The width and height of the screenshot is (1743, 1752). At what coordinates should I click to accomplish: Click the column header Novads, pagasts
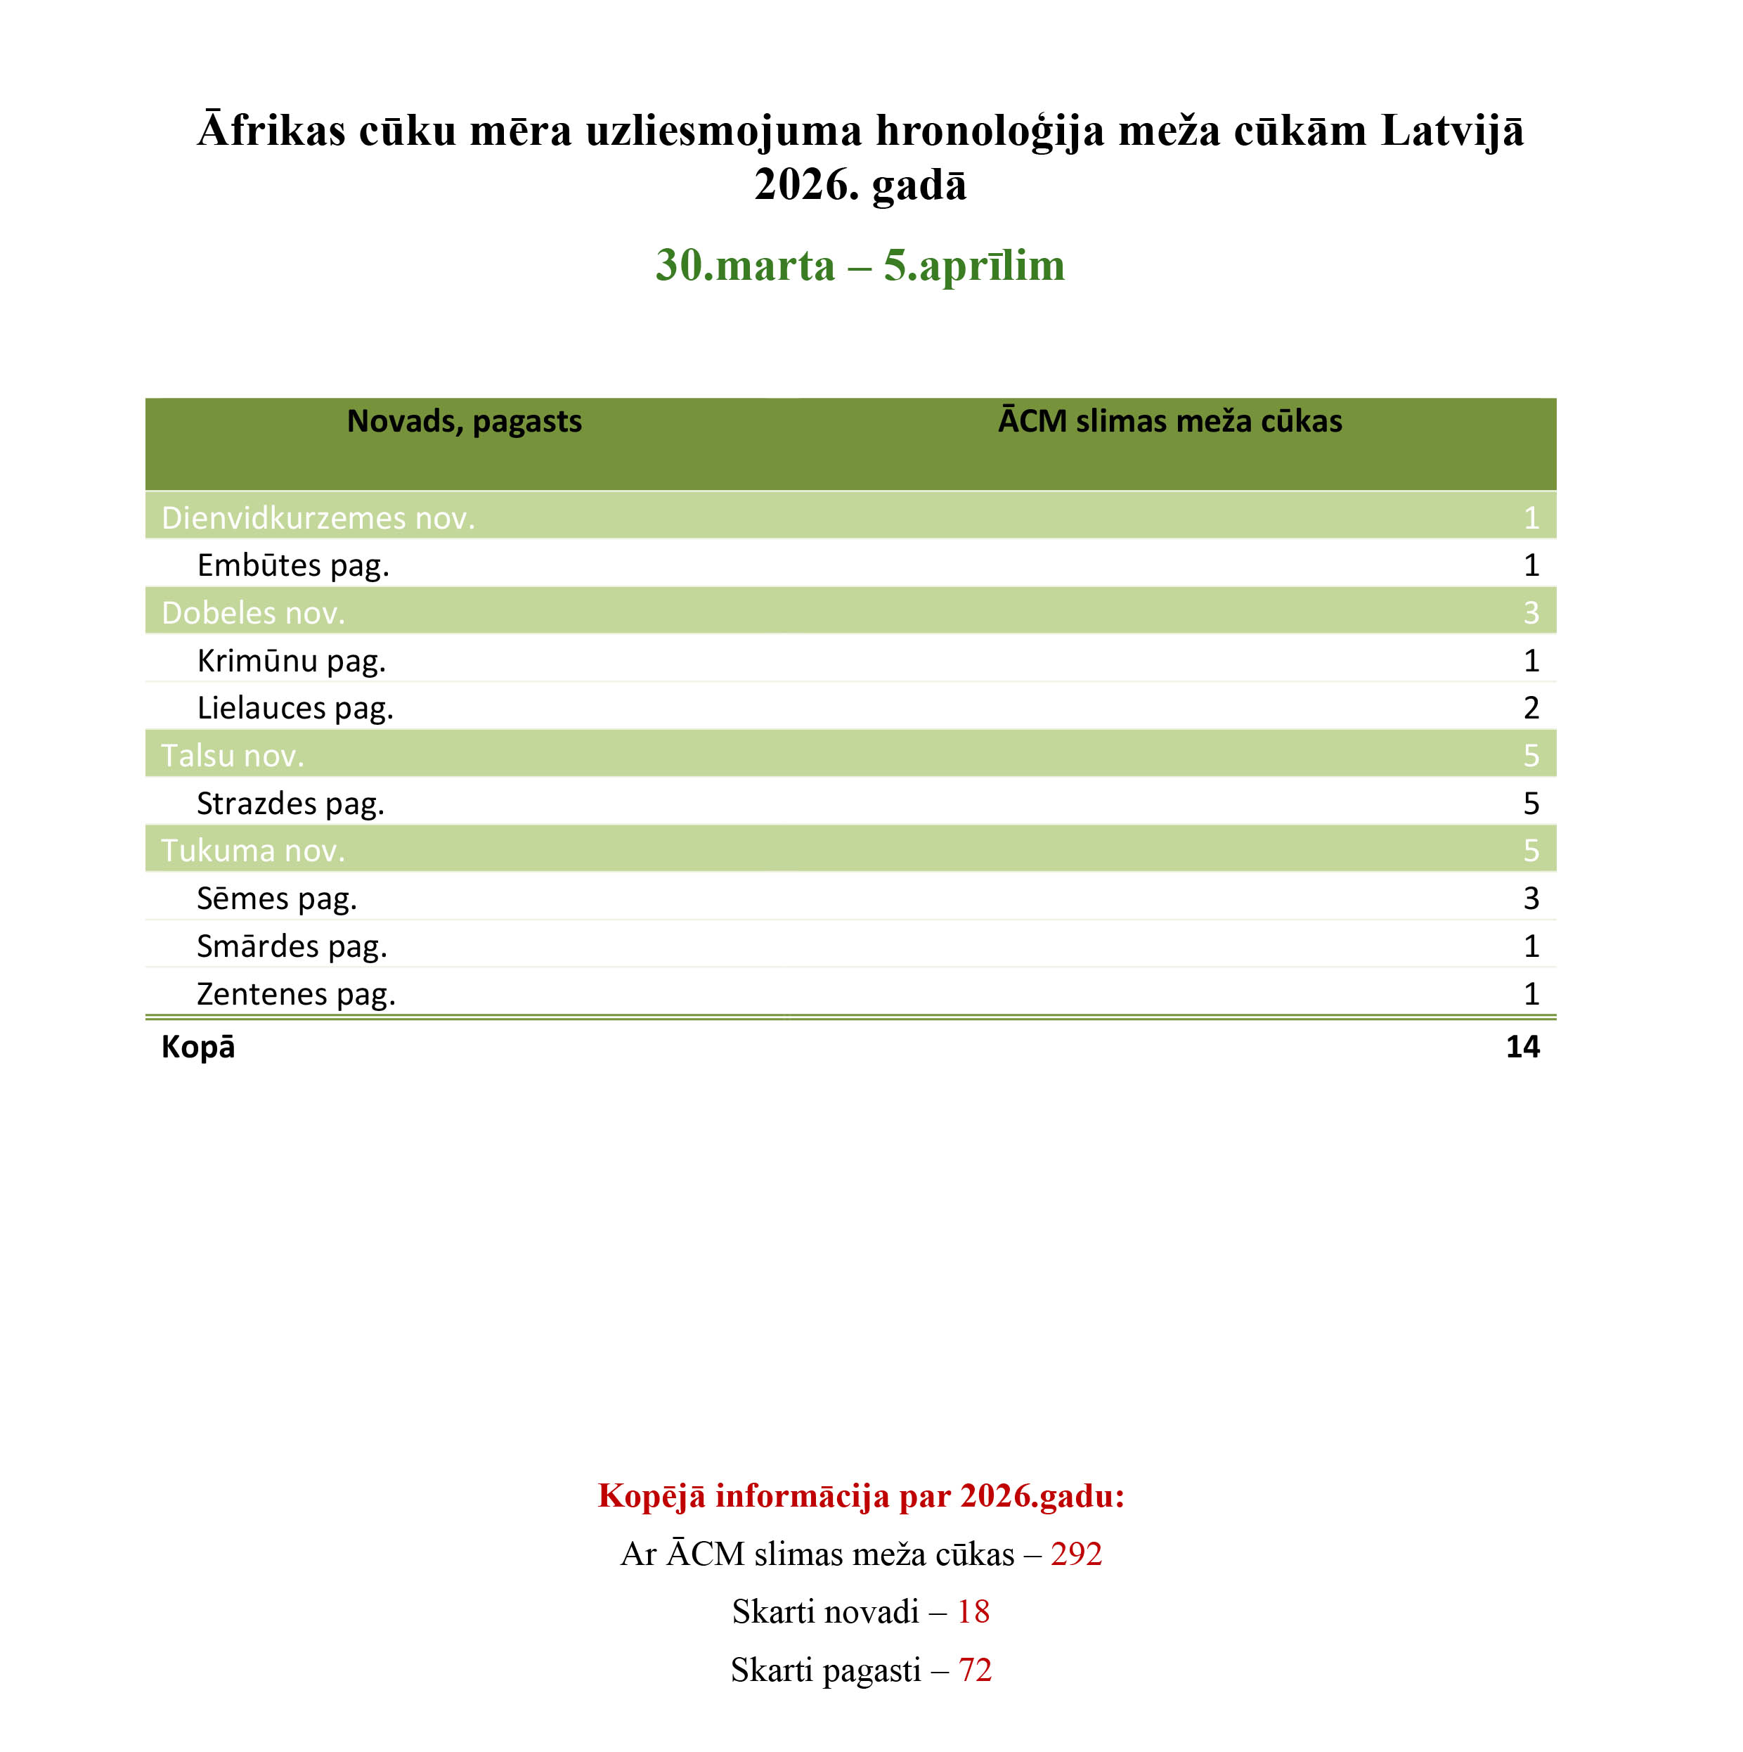point(464,422)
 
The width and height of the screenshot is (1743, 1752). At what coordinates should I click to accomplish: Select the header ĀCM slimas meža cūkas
point(1169,422)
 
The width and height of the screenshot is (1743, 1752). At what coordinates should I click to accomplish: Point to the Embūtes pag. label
point(293,565)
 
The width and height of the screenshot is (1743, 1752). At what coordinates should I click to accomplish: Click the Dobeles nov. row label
point(253,613)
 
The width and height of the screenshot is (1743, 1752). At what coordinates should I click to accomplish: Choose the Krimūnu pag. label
point(291,660)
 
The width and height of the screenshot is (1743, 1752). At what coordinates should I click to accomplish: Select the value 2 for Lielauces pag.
point(1531,707)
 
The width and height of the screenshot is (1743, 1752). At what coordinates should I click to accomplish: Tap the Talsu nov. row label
point(232,755)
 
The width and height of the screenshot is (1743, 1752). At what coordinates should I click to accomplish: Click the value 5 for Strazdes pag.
point(1531,804)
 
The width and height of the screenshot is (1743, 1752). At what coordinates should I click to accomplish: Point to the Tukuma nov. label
point(253,851)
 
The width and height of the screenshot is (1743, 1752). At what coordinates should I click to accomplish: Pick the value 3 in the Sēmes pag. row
point(1531,898)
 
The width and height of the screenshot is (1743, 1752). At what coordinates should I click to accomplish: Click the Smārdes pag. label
point(292,946)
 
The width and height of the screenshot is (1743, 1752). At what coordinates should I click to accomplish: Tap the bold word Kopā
point(197,1046)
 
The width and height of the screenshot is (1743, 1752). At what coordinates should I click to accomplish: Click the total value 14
point(1523,1046)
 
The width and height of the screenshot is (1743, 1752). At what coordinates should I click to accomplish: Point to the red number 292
point(1076,1554)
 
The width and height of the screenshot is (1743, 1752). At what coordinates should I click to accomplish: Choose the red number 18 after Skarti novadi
point(973,1611)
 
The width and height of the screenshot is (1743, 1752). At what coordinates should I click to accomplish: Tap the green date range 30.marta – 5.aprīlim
point(860,265)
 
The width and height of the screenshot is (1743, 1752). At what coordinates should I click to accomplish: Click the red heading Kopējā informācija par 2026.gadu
point(861,1495)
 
